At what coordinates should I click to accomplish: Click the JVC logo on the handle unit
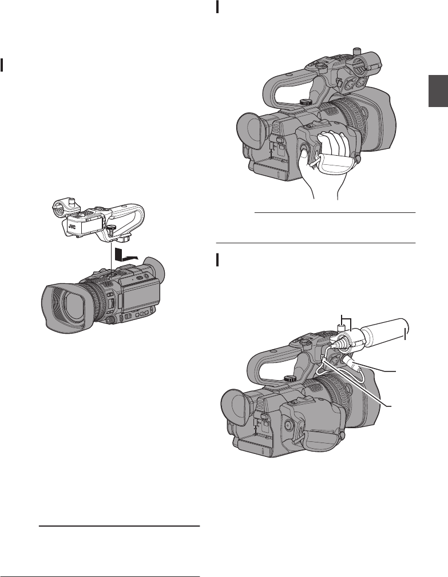click(x=72, y=227)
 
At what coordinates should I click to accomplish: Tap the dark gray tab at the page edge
click(x=438, y=91)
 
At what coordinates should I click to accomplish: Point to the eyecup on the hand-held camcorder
click(x=252, y=131)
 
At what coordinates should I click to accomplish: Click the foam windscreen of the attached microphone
click(x=386, y=332)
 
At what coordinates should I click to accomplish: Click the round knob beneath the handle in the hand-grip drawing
click(x=305, y=101)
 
